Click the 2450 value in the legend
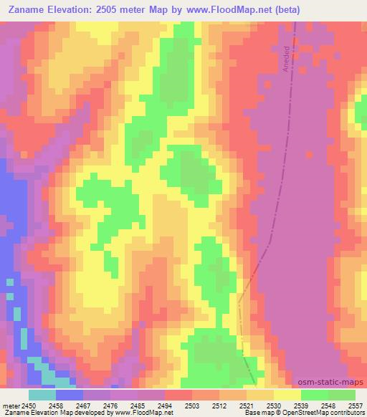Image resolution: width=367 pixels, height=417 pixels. point(29,405)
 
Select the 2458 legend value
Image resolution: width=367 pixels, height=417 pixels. point(56,405)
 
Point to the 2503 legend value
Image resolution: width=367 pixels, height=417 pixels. point(192,405)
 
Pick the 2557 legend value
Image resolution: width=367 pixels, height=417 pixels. point(355,405)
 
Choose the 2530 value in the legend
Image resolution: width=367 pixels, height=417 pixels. point(274,405)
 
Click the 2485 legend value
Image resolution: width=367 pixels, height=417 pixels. point(138,405)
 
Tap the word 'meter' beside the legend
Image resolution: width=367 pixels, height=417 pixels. point(11,405)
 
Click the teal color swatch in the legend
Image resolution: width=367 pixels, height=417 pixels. point(42,395)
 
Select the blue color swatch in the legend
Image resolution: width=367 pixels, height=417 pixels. point(70,395)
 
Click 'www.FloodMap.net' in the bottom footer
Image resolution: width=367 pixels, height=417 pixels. point(148,413)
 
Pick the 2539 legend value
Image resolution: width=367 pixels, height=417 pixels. point(301,405)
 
